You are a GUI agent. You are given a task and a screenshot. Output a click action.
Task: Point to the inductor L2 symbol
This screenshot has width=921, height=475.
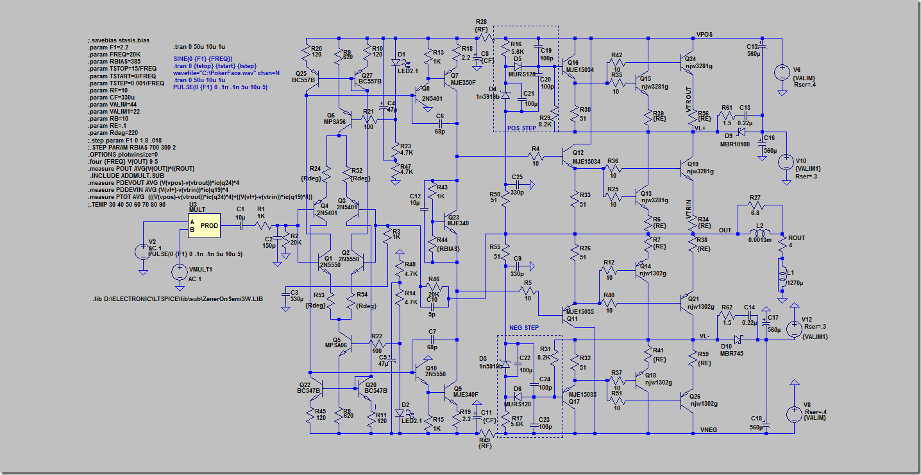pos(759,234)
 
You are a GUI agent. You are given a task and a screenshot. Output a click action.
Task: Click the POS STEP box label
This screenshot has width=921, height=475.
pos(521,128)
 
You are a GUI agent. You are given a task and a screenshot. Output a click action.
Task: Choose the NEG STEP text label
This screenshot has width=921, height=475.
pos(524,329)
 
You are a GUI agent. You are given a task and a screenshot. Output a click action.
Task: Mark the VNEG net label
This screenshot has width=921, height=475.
pos(708,429)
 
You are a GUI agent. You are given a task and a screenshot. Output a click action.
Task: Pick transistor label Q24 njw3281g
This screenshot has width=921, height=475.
pos(697,62)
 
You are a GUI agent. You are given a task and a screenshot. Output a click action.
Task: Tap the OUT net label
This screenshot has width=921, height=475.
pos(725,230)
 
